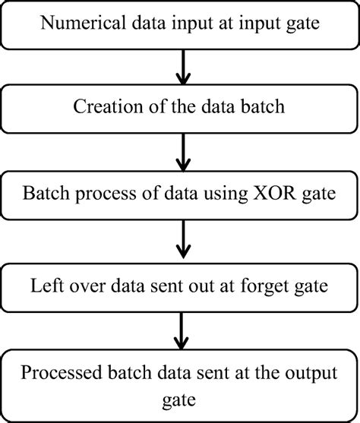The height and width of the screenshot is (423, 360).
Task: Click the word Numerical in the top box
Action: point(79,26)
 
